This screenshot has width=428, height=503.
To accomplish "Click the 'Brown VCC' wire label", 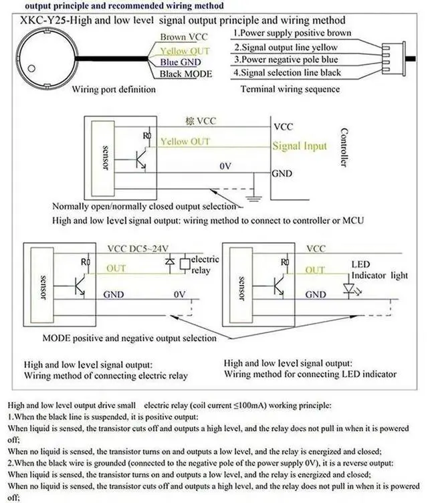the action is click(x=184, y=37).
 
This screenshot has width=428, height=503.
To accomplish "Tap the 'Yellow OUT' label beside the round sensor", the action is click(x=185, y=51).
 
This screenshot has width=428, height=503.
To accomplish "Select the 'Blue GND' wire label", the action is click(x=181, y=62).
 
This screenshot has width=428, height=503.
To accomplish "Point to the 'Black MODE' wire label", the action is click(x=186, y=74).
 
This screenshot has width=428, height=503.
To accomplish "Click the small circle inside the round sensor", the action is click(x=31, y=68).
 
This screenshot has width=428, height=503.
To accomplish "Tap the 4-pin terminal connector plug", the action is click(x=394, y=59).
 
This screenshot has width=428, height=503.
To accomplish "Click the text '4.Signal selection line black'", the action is click(x=287, y=72).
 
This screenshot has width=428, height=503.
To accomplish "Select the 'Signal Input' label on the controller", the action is click(x=300, y=146).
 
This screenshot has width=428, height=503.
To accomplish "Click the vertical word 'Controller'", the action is click(x=344, y=147).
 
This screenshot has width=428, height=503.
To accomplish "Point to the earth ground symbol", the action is click(x=253, y=198).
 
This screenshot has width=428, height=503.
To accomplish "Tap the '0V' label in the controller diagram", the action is click(x=225, y=166).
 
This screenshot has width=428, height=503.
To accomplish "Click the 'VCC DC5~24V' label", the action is click(x=138, y=248).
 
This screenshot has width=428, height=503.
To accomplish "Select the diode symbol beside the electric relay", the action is click(x=170, y=261).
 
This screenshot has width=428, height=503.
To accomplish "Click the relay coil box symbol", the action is click(x=185, y=264).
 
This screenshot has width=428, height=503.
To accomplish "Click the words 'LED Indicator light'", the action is click(x=380, y=270).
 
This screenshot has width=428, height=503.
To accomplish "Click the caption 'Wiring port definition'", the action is click(x=114, y=89).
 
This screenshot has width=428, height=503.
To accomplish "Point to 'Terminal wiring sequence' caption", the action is click(x=290, y=89).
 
